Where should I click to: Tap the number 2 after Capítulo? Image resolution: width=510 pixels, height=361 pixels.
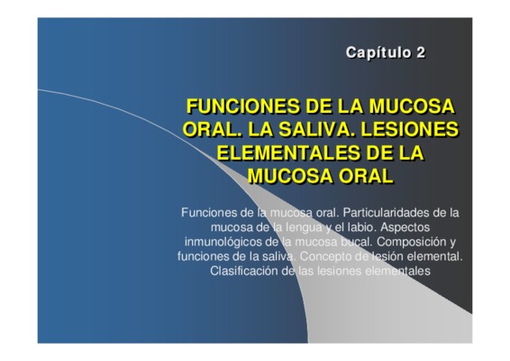[420, 52]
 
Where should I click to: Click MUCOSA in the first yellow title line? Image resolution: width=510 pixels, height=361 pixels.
[412, 106]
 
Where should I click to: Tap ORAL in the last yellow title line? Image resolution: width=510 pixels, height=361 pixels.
[366, 176]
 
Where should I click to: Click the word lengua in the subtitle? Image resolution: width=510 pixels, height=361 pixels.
[304, 227]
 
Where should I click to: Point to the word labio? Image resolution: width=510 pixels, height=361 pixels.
[361, 227]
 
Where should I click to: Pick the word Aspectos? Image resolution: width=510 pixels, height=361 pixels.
[405, 227]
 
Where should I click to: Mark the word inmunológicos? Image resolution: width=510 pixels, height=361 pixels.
[223, 242]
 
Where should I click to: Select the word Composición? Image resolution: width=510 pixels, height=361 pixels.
[411, 242]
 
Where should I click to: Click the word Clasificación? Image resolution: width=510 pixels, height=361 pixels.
[243, 271]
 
